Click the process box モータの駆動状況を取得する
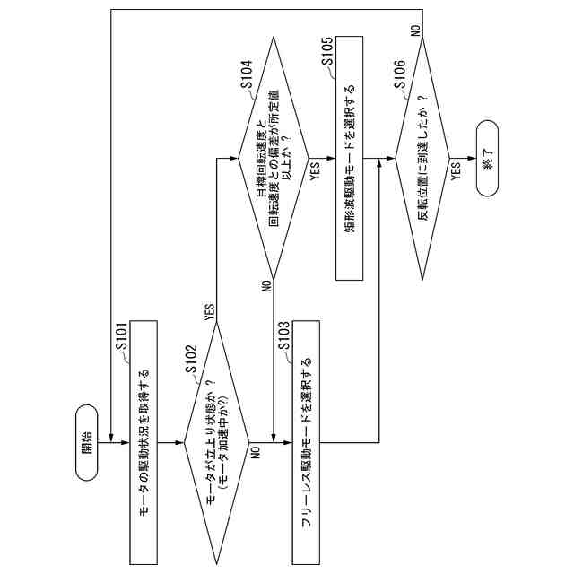click(x=143, y=439)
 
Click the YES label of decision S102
click(x=208, y=311)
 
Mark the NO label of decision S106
click(x=416, y=30)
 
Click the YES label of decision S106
click(x=457, y=171)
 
